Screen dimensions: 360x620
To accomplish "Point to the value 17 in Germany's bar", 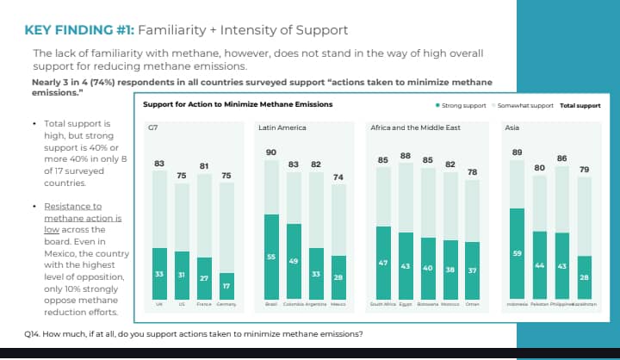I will tap(226, 286).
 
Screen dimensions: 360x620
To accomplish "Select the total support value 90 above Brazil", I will tap(271, 152).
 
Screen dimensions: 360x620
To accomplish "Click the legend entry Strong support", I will tap(464, 105).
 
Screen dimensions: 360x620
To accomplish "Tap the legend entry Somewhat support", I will tap(525, 105).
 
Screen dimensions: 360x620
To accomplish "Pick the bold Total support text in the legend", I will tap(580, 105).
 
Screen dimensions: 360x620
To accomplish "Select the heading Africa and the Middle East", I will tap(415, 127).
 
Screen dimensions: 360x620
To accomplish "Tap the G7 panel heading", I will tap(153, 127).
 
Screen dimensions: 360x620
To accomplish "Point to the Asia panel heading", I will tap(512, 127).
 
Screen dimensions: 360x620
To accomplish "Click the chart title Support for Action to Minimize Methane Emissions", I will tap(238, 105).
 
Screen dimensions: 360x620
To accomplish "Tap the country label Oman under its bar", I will tap(472, 304).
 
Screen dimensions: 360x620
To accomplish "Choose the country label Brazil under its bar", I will tap(271, 304).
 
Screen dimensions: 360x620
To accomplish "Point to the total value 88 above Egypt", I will tap(406, 155).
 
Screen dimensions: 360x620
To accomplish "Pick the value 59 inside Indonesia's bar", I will tap(517, 253).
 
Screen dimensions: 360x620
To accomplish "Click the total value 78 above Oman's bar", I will tap(472, 172).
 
